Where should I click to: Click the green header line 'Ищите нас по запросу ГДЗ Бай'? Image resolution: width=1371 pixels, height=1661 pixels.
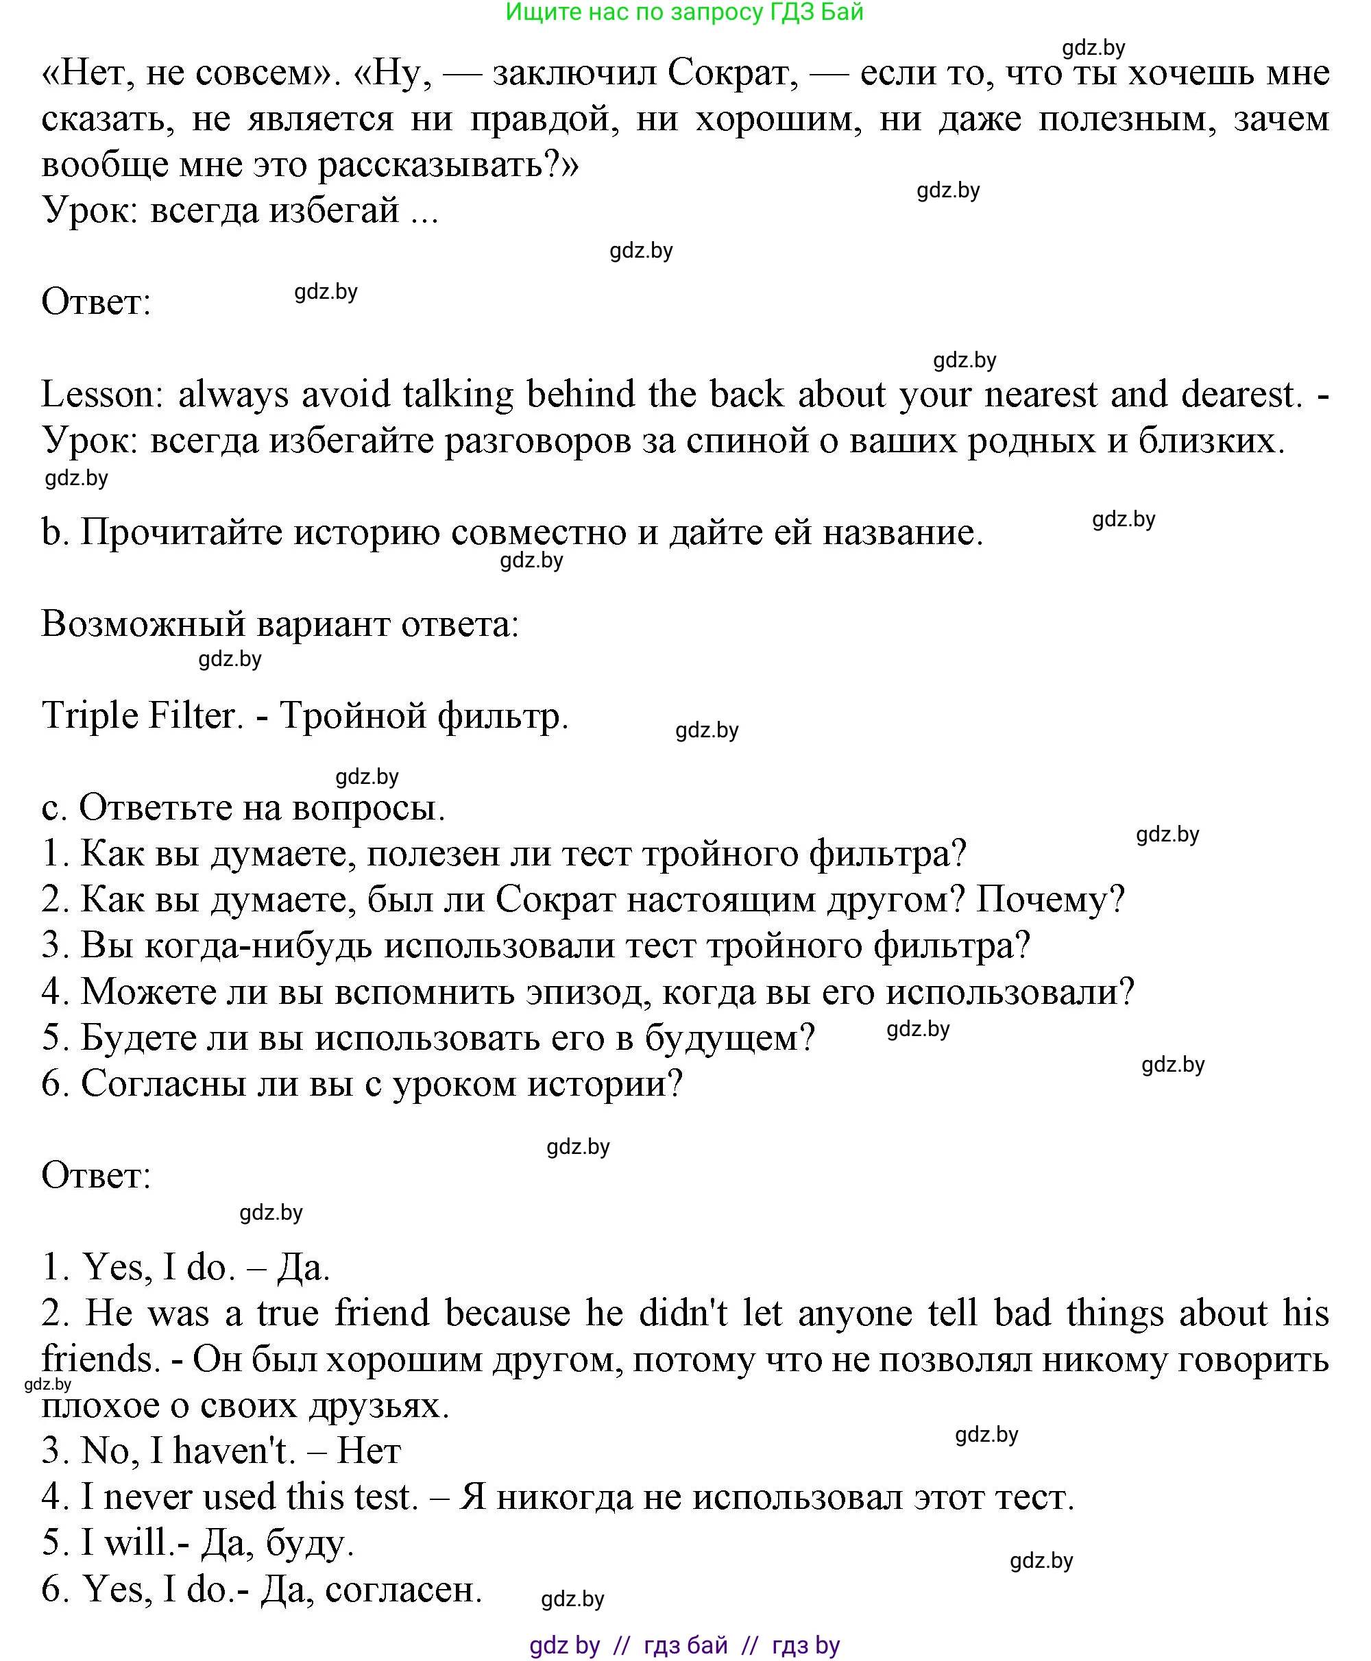click(684, 12)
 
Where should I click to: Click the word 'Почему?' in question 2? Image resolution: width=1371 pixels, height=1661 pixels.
click(1050, 899)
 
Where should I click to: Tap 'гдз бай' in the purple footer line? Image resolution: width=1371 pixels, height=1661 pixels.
click(685, 1645)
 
